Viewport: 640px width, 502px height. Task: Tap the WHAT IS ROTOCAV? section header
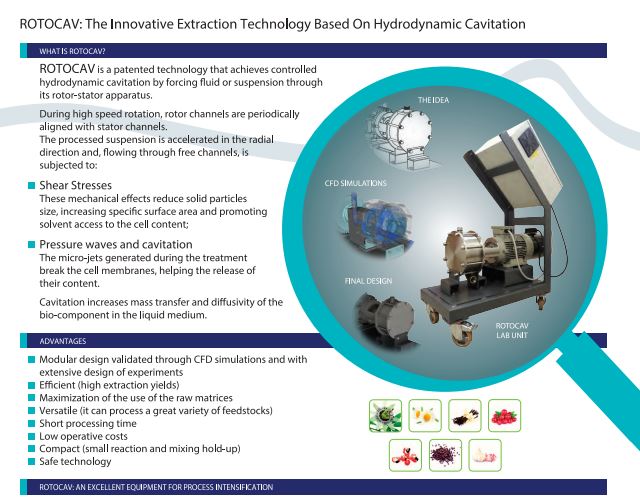pyautogui.click(x=72, y=51)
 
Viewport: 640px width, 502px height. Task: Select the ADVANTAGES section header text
pyautogui.click(x=63, y=341)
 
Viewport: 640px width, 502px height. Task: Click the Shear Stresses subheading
pyautogui.click(x=76, y=185)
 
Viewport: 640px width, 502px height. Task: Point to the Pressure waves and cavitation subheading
pyautogui.click(x=116, y=244)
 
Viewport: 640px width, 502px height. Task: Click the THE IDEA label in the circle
pyautogui.click(x=433, y=100)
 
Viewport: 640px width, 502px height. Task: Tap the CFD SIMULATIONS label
pyautogui.click(x=356, y=183)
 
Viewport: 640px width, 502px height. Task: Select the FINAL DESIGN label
pyautogui.click(x=368, y=281)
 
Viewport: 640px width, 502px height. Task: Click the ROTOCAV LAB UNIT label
pyautogui.click(x=512, y=331)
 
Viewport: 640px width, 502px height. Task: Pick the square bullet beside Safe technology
pyautogui.click(x=31, y=462)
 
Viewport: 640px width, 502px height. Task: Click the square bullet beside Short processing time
pyautogui.click(x=31, y=423)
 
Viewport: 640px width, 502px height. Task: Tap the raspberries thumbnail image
pyautogui.click(x=504, y=415)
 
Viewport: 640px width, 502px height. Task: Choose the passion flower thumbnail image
pyautogui.click(x=385, y=415)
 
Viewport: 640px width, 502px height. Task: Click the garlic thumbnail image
pyautogui.click(x=485, y=455)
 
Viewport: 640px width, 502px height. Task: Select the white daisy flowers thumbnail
pyautogui.click(x=425, y=415)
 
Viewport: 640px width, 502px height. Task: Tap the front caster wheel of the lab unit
pyautogui.click(x=462, y=333)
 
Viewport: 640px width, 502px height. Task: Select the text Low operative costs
pyautogui.click(x=83, y=436)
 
